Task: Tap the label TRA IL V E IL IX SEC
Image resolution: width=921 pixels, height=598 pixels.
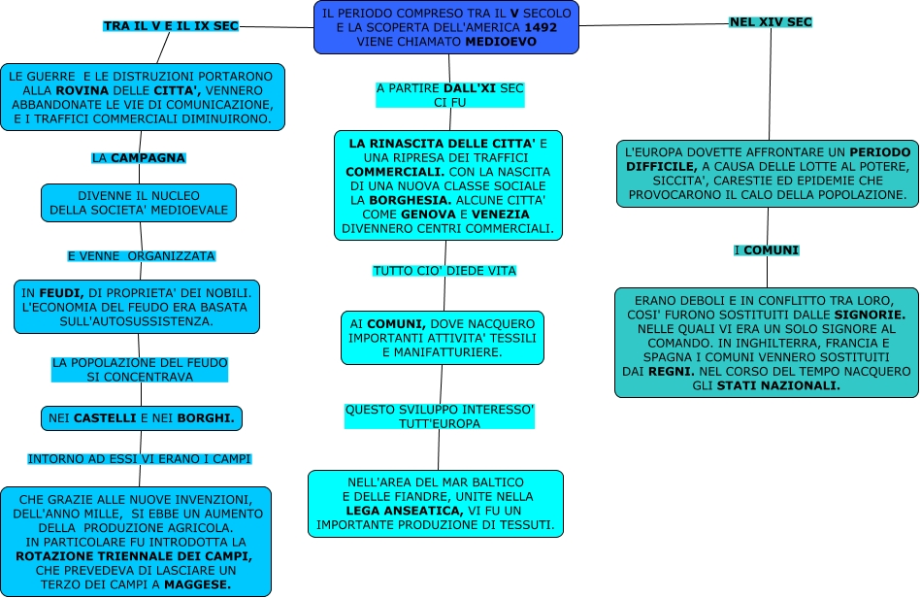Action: (x=171, y=26)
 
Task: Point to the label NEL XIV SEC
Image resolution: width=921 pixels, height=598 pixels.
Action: (x=771, y=21)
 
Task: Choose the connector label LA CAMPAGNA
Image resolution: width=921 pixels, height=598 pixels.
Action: (x=138, y=157)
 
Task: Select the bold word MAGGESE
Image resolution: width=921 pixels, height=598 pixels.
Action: (x=199, y=584)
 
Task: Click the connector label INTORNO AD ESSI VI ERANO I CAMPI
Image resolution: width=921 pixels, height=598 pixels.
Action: (x=140, y=458)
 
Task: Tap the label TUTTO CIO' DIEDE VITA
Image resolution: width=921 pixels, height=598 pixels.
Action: (x=444, y=271)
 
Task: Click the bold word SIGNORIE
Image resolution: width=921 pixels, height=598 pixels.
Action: (x=870, y=316)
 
